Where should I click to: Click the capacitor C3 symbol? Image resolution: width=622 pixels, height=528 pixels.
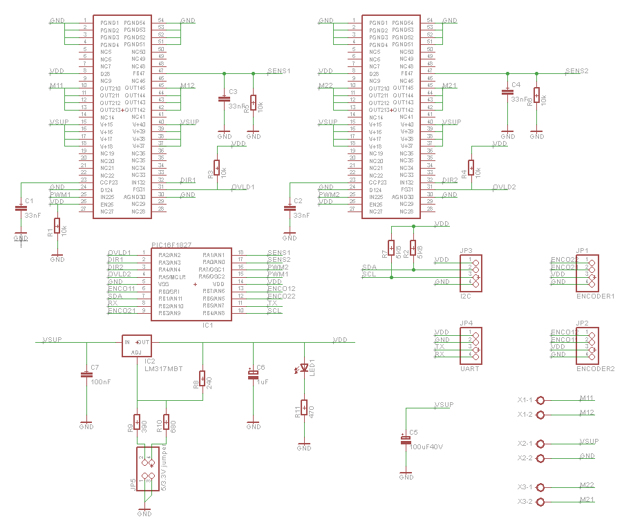[x=224, y=99]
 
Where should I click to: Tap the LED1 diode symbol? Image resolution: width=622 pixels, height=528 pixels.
[x=303, y=369]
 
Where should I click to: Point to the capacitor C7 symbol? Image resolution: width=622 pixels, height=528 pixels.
[x=86, y=375]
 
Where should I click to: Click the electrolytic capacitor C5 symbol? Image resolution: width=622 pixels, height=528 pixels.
[x=406, y=440]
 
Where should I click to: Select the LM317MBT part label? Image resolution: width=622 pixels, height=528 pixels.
[x=165, y=369]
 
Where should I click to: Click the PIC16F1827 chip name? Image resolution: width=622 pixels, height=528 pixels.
[x=171, y=245]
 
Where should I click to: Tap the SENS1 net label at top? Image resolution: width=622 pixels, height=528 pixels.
[x=279, y=71]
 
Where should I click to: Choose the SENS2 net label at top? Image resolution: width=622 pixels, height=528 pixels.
[x=576, y=71]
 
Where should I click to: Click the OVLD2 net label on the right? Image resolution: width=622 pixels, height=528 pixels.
[x=504, y=187]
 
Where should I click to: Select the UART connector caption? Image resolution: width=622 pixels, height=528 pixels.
[x=469, y=368]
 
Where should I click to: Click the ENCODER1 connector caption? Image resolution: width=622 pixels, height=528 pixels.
[x=595, y=295]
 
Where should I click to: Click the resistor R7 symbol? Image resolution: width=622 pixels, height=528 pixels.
[x=391, y=247]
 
